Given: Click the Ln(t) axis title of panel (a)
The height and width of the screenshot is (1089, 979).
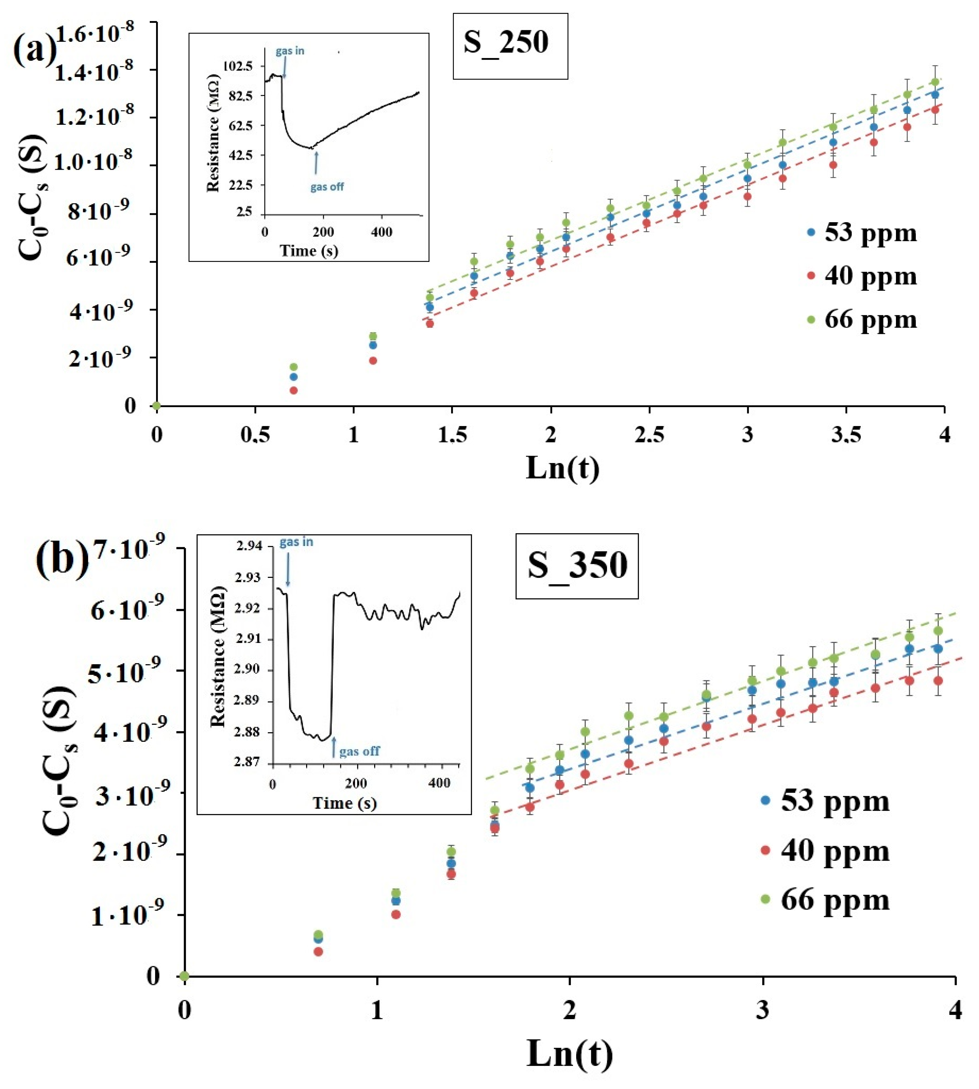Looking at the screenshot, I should pos(562,468).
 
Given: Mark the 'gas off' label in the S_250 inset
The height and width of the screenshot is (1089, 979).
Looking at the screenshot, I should pos(327,187).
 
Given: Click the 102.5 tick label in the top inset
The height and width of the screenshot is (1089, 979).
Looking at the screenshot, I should pos(237,66).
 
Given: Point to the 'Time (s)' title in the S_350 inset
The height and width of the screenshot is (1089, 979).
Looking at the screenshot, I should pos(344,803).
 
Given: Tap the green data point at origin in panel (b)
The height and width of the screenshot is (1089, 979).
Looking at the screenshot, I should pos(184,976).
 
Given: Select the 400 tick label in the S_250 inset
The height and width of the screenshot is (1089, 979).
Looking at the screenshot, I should pos(382,232).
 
